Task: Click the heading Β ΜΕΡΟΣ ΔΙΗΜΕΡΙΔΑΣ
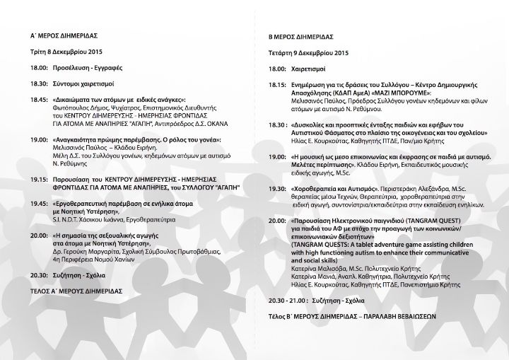point(306,35)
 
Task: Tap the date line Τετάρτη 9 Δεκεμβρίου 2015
point(309,52)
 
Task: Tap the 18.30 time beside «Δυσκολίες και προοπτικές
point(278,124)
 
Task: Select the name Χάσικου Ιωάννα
point(107,220)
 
